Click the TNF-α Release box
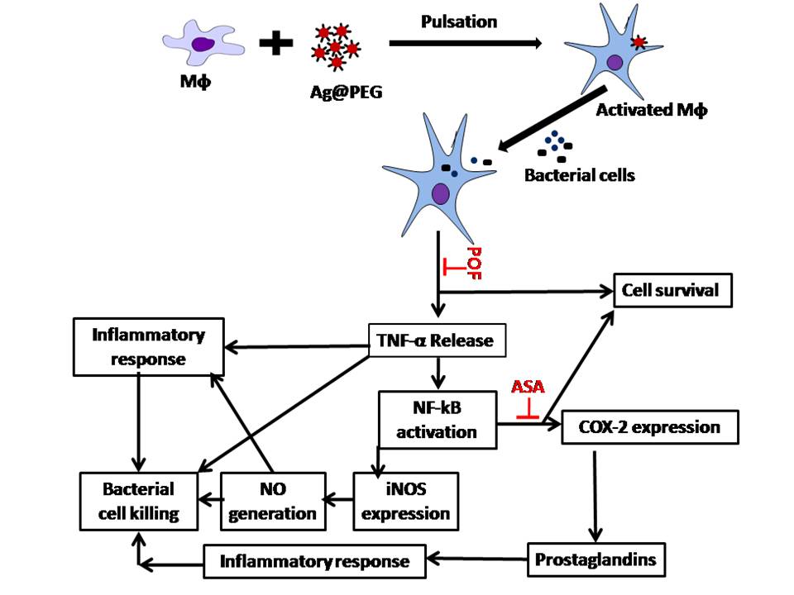point(436,340)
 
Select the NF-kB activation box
point(438,419)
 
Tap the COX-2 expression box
point(649,427)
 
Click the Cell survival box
point(671,290)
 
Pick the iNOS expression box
point(404,499)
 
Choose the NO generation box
point(272,499)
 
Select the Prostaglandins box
point(596,559)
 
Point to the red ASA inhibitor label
point(527,387)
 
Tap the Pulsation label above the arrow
point(459,21)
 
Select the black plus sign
point(276,43)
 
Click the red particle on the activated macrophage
point(639,42)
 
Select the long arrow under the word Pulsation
point(463,42)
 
